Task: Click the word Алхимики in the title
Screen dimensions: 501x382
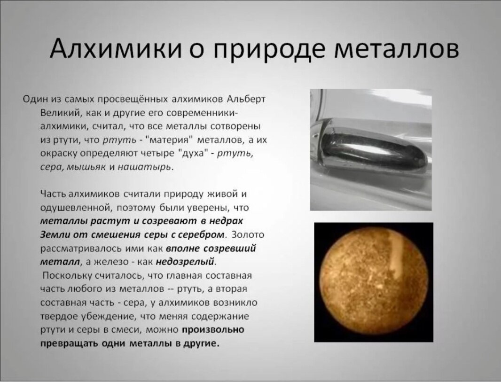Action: tap(115, 48)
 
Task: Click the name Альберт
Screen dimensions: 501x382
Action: tap(246, 99)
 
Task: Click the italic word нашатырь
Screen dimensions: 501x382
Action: tap(144, 167)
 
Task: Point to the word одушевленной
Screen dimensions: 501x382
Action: tap(76, 208)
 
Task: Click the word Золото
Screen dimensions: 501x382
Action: tap(248, 235)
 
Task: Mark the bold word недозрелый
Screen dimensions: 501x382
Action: tap(185, 262)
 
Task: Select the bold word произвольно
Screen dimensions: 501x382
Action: tap(213, 330)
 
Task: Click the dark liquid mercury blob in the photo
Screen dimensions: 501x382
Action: tap(374, 150)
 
